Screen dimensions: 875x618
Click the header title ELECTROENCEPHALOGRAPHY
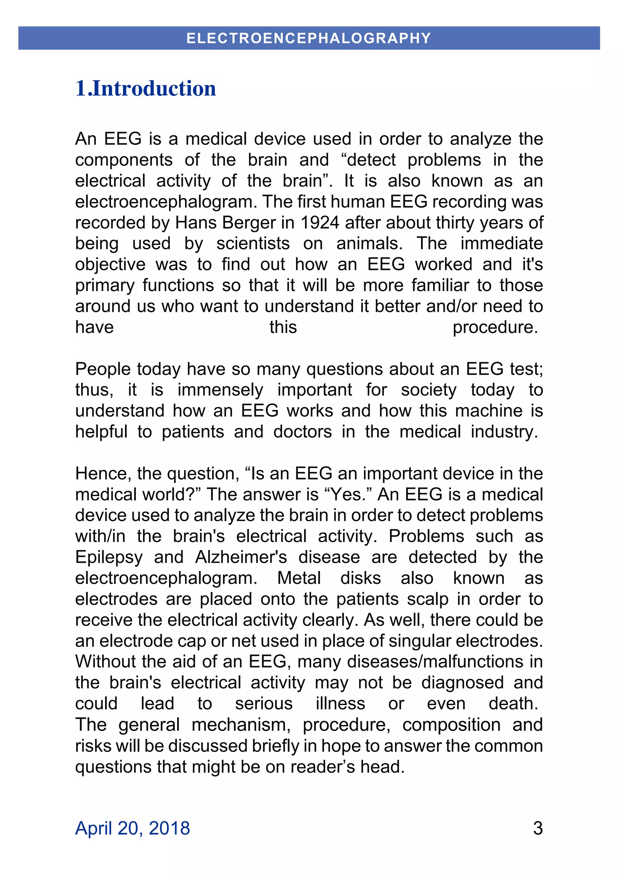[x=309, y=38]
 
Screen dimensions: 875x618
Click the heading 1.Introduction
[x=145, y=88]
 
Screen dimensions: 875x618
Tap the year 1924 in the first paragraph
[x=320, y=223]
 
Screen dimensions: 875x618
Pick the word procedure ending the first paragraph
[x=495, y=327]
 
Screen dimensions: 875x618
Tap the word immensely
[x=220, y=390]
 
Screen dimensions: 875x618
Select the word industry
[x=504, y=432]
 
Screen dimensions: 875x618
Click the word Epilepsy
[x=109, y=557]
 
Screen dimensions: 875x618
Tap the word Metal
[x=299, y=578]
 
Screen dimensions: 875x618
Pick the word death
[x=513, y=704]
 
